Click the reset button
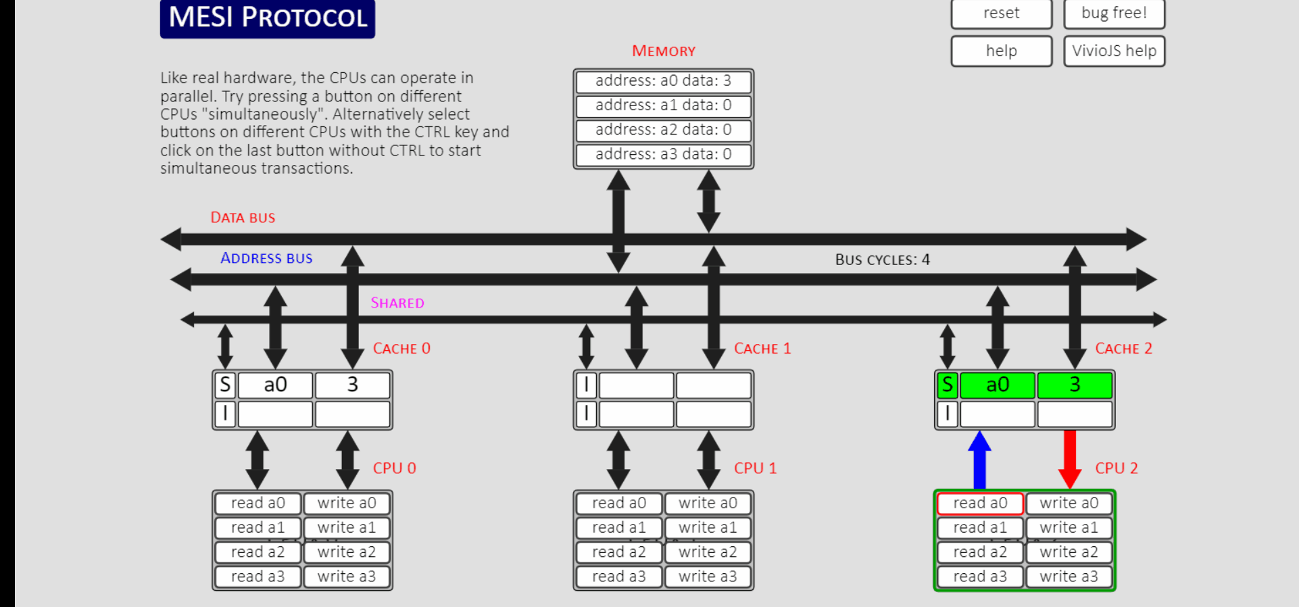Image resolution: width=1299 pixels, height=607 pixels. point(1001,14)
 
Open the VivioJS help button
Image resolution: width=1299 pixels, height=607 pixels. point(1114,51)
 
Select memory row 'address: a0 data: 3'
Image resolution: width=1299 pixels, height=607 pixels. point(663,81)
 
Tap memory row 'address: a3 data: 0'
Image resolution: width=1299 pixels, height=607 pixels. point(663,155)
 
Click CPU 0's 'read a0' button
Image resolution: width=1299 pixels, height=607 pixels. point(258,504)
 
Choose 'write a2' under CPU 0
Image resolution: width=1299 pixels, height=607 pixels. point(347,552)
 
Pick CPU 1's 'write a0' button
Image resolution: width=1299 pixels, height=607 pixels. point(708,504)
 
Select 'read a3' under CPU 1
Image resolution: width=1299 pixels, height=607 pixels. point(618,577)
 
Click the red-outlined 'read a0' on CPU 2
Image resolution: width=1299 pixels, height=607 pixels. point(980,504)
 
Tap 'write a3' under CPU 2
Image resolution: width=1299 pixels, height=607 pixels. point(1069,577)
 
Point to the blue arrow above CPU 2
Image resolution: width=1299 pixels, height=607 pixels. point(979,460)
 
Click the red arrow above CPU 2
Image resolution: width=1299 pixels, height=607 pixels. point(1069,460)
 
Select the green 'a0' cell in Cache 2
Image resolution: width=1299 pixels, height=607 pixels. point(998,385)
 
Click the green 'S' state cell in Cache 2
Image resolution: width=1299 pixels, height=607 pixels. point(947,385)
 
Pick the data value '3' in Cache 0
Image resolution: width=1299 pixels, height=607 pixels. point(352,385)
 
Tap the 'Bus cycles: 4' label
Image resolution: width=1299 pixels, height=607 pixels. point(883,260)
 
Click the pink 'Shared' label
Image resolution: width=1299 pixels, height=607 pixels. point(397,303)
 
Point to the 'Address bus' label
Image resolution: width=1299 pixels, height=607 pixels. point(266,258)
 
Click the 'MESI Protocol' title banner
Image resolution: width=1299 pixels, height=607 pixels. point(268,18)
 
